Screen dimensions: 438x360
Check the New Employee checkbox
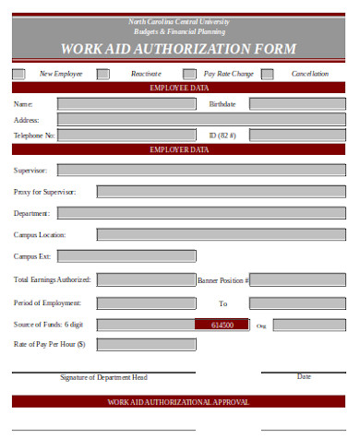click(x=19, y=73)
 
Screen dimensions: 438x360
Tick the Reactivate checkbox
click(x=103, y=73)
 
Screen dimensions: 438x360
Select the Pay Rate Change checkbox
click(x=189, y=73)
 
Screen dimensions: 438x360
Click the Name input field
click(x=126, y=104)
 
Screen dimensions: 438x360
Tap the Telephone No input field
click(x=126, y=136)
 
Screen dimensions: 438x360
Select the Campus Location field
click(x=146, y=234)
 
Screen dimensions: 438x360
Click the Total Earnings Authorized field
click(x=146, y=278)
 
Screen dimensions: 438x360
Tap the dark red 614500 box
click(x=222, y=325)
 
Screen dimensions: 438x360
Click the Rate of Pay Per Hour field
click(x=146, y=345)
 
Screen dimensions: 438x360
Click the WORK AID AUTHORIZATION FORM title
click(x=179, y=49)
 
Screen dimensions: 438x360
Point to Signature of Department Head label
click(x=103, y=377)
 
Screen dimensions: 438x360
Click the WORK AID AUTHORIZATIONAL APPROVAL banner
click(x=179, y=402)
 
